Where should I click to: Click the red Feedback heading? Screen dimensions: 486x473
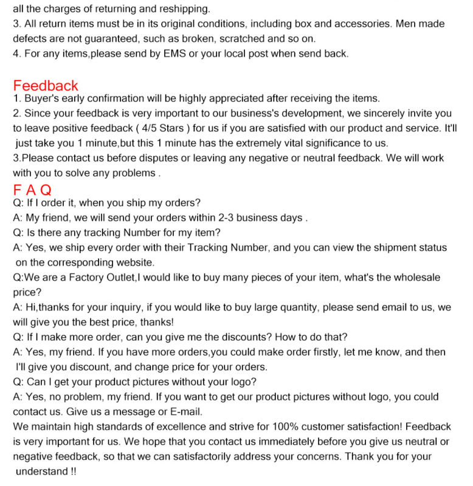[x=46, y=86]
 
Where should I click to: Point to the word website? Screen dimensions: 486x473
[x=135, y=262]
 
